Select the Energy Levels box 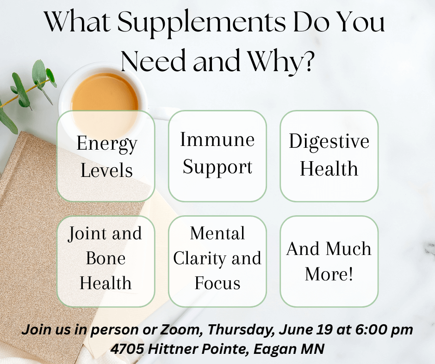[x=106, y=156]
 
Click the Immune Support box [x=217, y=156]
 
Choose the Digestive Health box [x=329, y=156]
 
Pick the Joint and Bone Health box [x=106, y=261]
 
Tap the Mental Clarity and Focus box [x=217, y=261]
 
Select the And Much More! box [x=329, y=261]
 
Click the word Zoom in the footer [x=180, y=330]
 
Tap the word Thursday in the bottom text [x=241, y=330]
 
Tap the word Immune [x=217, y=140]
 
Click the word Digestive [x=329, y=142]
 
